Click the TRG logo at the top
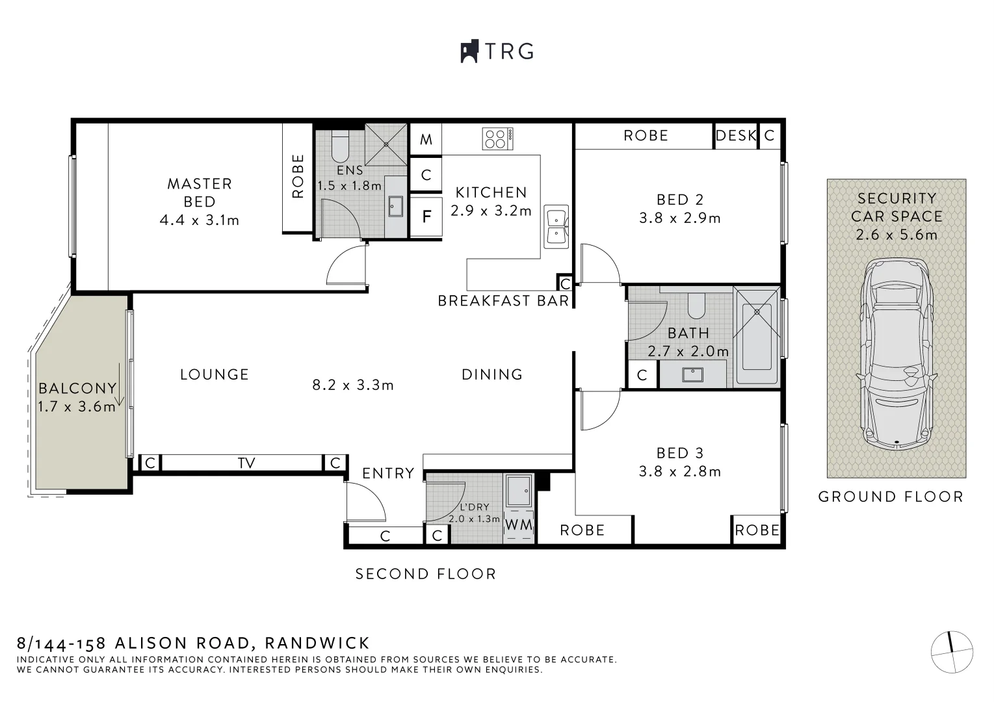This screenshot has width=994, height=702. pos(497,51)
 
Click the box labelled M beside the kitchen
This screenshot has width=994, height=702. pos(426,139)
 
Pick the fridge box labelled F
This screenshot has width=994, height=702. pos(426,216)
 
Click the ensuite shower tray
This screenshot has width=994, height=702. pos(386,144)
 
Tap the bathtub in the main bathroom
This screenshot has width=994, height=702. pos(756,337)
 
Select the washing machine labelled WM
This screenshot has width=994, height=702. pos(519,525)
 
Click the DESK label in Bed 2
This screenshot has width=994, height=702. pos(736,136)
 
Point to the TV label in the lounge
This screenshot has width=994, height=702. pos(246,463)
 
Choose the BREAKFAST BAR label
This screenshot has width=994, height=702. pos(503,301)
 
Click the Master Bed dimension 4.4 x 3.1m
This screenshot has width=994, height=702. pos(200,220)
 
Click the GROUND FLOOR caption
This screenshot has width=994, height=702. pos(890,497)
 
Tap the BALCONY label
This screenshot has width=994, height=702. pos(77,389)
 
